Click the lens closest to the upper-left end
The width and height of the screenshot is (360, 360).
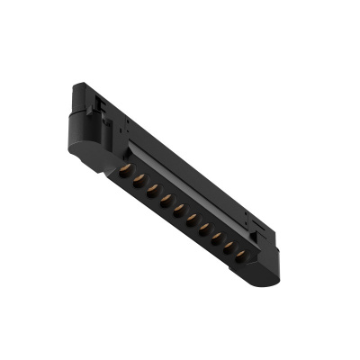[125, 169]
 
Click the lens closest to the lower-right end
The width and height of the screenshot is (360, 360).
[239, 256]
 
